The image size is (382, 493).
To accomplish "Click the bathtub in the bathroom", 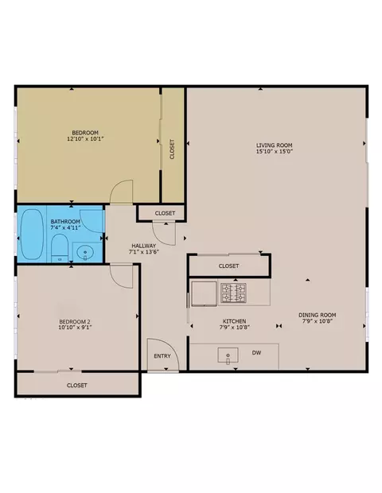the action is pos(32,235).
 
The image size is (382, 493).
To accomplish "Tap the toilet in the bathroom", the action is pos(60,248).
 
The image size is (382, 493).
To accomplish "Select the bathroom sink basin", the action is pos(85,252).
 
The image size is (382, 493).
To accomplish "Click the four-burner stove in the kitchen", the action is pos(233,293).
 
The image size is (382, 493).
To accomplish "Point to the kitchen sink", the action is pos(228,355).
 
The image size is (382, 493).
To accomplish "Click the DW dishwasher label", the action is pos(256,353).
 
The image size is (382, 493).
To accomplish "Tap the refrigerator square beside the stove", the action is pos(204,293).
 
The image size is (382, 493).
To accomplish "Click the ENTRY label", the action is pos(162,356).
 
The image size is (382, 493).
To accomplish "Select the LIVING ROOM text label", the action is pos(274,146).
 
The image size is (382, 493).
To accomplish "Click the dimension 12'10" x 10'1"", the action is pos(85,138).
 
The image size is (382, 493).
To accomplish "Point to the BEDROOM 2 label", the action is pos(75,322).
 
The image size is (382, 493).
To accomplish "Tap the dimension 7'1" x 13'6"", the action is pos(143,251).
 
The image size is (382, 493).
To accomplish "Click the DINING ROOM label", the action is pos(318,315).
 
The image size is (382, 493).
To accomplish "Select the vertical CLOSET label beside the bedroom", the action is pos(172,149).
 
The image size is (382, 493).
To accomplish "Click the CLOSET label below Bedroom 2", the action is pos(76,385).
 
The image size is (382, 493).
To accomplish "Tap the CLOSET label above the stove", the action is pos(228,266).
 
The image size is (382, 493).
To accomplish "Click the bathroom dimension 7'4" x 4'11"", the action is pos(65,227).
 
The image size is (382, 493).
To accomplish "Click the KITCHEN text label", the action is pos(235,321).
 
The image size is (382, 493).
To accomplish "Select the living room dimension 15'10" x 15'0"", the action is pos(275,151).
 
